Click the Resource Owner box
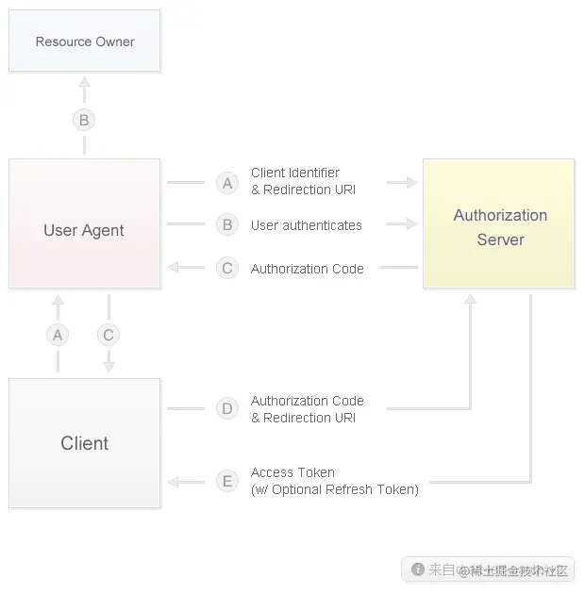click(x=85, y=41)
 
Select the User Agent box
click(x=84, y=223)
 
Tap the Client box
click(x=84, y=443)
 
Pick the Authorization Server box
click(x=499, y=223)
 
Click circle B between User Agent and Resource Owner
click(x=84, y=120)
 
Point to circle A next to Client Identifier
click(x=227, y=182)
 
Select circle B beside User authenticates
click(x=227, y=225)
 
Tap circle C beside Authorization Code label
click(x=227, y=269)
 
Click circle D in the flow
click(x=227, y=408)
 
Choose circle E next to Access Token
click(x=227, y=481)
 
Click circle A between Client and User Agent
click(x=58, y=335)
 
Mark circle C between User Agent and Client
click(x=109, y=335)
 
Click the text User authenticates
click(x=306, y=225)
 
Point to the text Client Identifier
click(x=295, y=173)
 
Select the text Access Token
click(x=292, y=472)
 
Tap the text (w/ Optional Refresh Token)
click(x=334, y=489)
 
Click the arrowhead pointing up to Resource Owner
click(x=84, y=83)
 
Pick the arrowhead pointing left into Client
click(x=174, y=482)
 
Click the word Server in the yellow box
click(x=500, y=239)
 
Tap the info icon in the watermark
click(x=418, y=569)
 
